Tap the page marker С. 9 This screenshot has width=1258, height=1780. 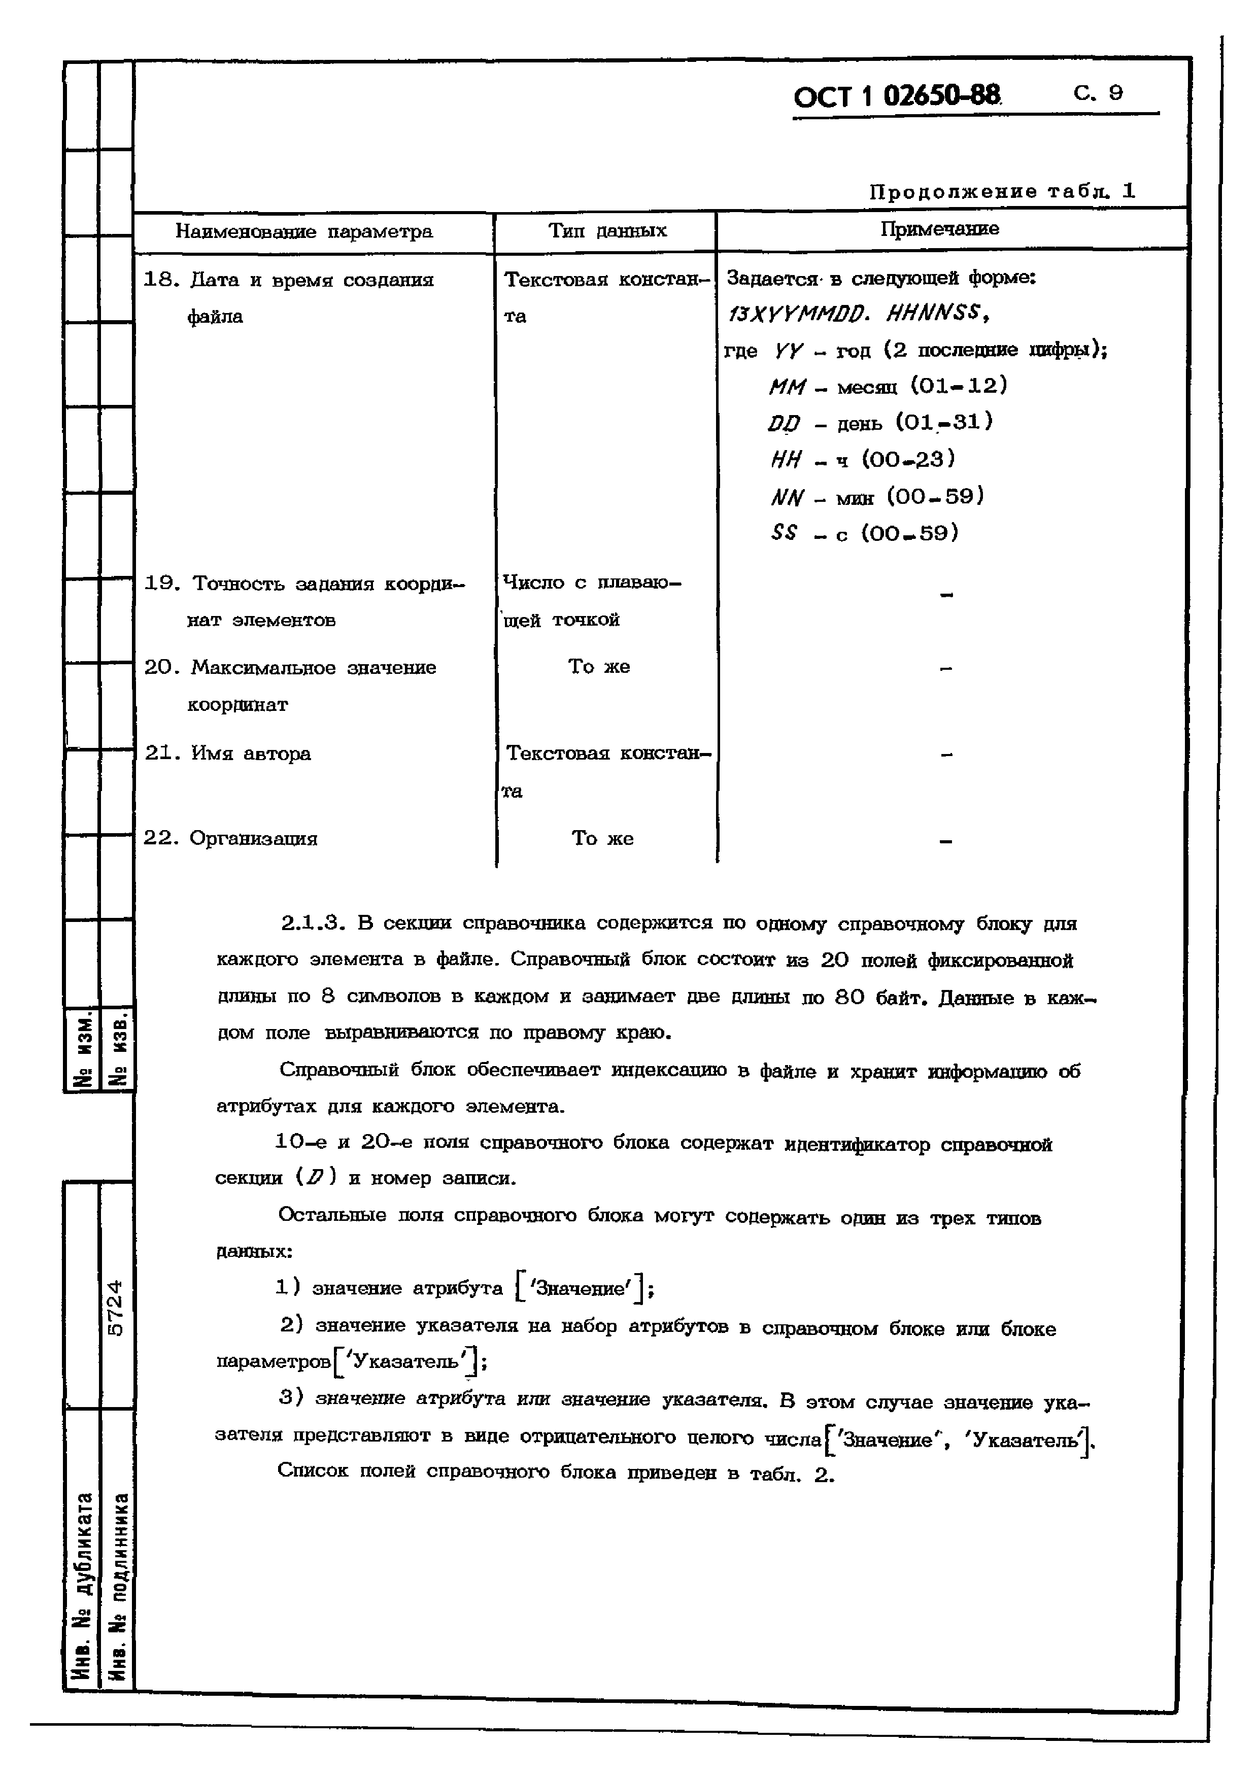(1098, 93)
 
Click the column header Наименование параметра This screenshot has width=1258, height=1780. (304, 231)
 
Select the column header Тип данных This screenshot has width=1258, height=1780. (607, 230)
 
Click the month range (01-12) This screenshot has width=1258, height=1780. (959, 385)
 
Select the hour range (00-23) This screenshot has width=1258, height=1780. (908, 459)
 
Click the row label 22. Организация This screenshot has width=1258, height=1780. (230, 838)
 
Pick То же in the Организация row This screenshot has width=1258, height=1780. (602, 838)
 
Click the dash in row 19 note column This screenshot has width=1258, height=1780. (945, 595)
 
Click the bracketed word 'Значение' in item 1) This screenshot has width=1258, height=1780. (581, 1288)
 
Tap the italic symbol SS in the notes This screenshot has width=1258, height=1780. (784, 533)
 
